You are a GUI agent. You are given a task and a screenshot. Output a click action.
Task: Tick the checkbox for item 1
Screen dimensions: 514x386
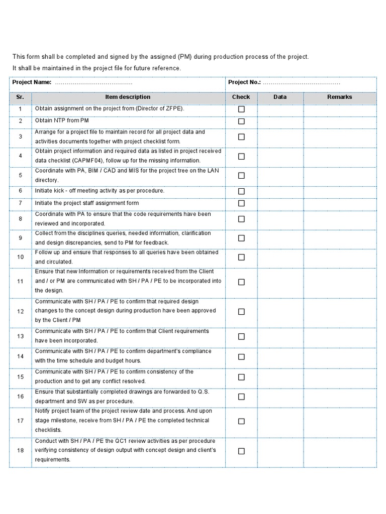241,109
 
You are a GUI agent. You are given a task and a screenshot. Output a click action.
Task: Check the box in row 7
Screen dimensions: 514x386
241,203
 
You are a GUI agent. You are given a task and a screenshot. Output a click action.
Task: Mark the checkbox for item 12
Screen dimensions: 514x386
241,311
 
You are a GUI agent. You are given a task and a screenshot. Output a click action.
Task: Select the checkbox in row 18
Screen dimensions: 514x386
241,451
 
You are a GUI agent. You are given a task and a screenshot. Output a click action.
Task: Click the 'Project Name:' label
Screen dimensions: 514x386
32,82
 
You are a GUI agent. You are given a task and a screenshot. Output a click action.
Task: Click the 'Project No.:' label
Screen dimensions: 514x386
244,82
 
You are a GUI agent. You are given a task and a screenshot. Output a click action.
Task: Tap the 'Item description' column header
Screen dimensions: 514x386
128,97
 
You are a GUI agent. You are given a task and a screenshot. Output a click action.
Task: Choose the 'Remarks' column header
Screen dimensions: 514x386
340,97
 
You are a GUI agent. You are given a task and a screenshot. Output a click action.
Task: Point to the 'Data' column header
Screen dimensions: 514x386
280,97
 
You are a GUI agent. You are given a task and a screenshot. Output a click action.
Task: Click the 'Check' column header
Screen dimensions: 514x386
241,97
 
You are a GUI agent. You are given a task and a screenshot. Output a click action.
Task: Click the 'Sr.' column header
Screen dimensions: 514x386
20,97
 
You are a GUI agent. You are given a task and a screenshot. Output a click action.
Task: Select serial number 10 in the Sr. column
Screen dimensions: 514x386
20,257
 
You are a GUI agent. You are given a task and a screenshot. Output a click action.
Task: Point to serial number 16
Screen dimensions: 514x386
20,397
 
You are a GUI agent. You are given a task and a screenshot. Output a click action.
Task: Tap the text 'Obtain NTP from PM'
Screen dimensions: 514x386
61,121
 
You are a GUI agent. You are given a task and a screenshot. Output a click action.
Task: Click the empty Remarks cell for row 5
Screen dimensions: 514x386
340,175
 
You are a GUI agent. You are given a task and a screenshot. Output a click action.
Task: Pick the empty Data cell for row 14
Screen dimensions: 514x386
280,356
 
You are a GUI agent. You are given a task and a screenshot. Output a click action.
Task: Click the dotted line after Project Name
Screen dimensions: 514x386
93,83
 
